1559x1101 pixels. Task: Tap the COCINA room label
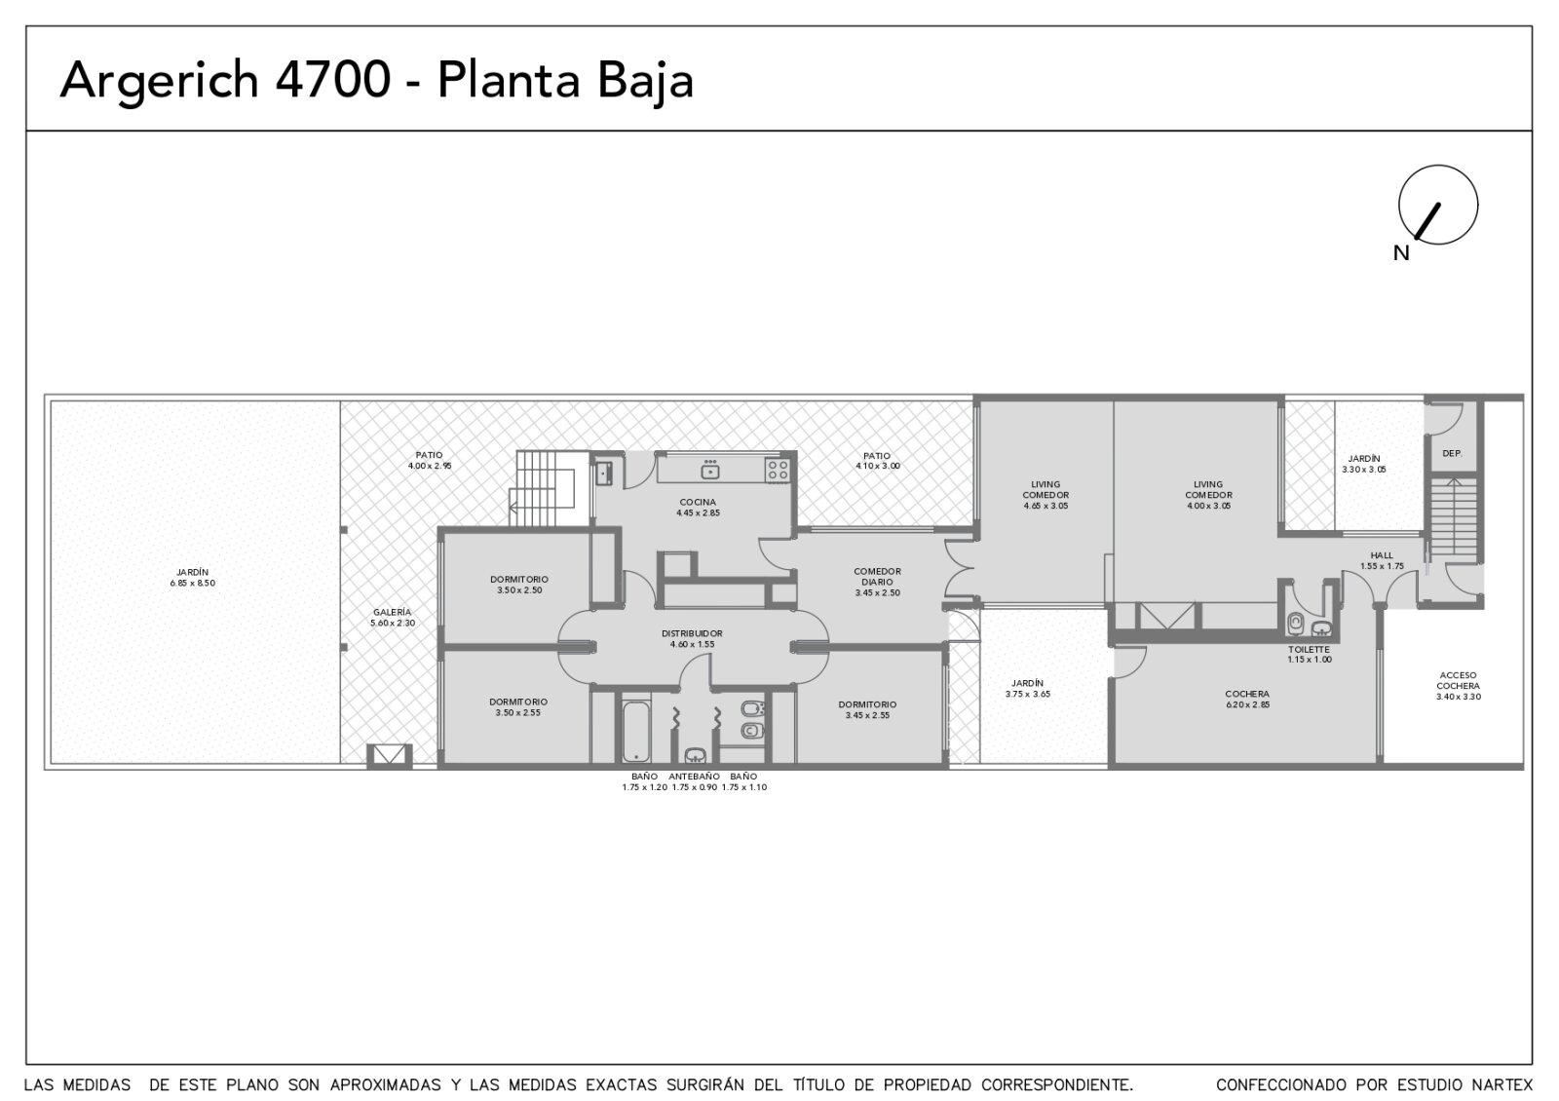(x=698, y=502)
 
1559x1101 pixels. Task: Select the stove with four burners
(x=778, y=471)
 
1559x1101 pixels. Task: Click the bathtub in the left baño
(x=636, y=732)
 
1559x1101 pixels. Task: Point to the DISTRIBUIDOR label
(x=692, y=633)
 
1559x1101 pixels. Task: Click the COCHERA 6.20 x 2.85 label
(x=1247, y=699)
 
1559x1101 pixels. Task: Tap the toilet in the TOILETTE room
(x=1295, y=623)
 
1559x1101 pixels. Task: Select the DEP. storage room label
(x=1452, y=453)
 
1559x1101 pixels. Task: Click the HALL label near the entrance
(x=1382, y=555)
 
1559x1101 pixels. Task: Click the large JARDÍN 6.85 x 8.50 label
(x=193, y=578)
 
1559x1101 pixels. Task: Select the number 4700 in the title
(x=332, y=80)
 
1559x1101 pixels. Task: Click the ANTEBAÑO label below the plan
(x=694, y=776)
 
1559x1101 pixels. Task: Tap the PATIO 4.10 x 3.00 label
(x=877, y=461)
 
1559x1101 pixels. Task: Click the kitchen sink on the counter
(x=710, y=471)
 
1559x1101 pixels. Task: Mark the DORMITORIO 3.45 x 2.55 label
(x=867, y=710)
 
